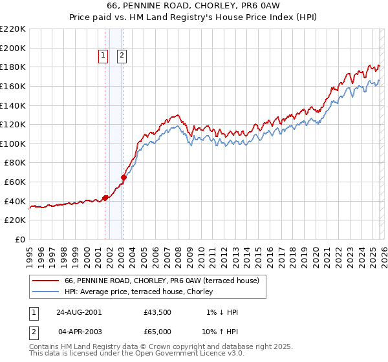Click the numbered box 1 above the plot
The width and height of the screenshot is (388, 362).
(103, 56)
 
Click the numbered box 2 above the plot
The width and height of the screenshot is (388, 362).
(122, 56)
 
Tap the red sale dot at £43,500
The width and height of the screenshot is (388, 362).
(105, 198)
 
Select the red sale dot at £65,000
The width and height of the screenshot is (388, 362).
(124, 177)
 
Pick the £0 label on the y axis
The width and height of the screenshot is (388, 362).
(19, 239)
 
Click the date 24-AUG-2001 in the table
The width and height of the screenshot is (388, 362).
(78, 312)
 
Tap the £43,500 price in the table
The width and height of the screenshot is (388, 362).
(157, 312)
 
